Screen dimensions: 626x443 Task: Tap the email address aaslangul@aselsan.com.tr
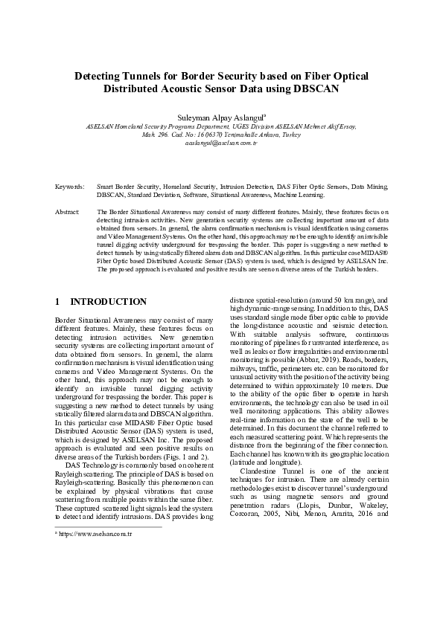(x=221, y=142)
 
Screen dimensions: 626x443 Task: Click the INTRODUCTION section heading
(x=108, y=302)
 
